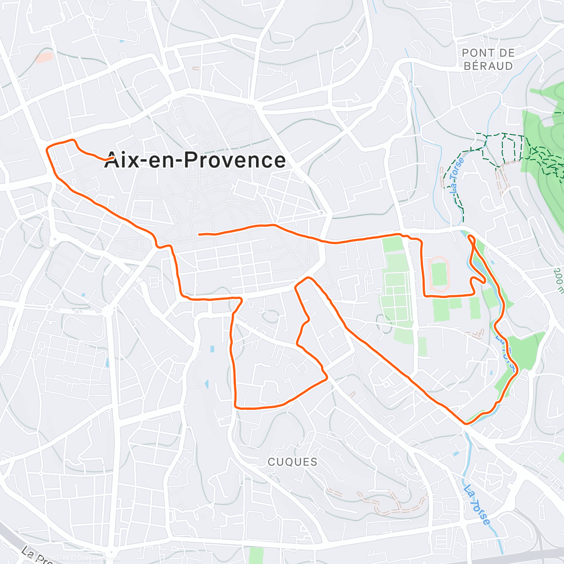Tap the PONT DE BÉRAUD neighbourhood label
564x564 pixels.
488,60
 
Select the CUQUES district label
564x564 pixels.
292,462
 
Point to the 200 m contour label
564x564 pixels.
559,281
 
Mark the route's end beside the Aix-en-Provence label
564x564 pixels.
112,158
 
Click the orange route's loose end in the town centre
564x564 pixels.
200,234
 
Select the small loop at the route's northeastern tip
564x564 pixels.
472,240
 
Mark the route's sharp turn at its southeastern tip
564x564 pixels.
466,423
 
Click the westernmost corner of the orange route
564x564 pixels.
47,149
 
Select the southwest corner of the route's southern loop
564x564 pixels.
236,407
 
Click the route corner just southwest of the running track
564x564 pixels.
425,295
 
